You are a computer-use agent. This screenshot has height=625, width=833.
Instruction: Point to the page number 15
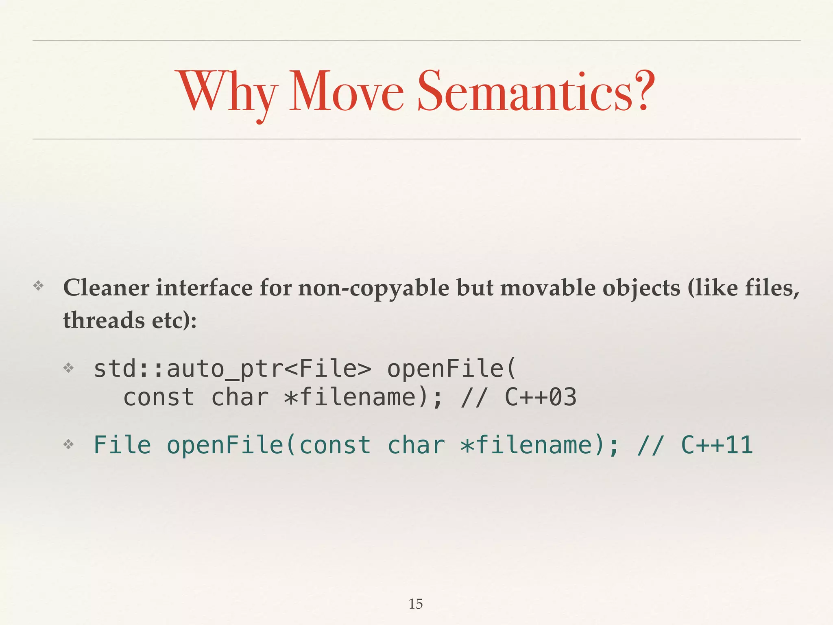click(415, 604)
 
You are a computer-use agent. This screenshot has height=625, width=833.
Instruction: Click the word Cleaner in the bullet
click(107, 288)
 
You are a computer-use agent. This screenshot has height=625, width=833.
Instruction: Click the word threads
click(104, 320)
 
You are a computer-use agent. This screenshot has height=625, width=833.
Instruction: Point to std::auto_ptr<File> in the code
click(232, 369)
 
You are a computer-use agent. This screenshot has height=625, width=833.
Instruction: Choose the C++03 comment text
click(541, 398)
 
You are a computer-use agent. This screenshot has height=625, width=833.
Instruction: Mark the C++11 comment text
click(717, 445)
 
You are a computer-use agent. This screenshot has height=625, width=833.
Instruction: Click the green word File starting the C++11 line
click(122, 445)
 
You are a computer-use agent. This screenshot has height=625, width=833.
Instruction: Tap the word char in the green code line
click(416, 445)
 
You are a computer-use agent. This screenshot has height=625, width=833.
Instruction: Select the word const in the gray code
click(159, 398)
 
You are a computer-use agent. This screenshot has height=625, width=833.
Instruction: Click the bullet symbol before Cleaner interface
click(38, 286)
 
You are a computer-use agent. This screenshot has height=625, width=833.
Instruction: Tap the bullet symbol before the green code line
click(68, 444)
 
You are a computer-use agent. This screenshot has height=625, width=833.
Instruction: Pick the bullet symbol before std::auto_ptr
click(68, 368)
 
